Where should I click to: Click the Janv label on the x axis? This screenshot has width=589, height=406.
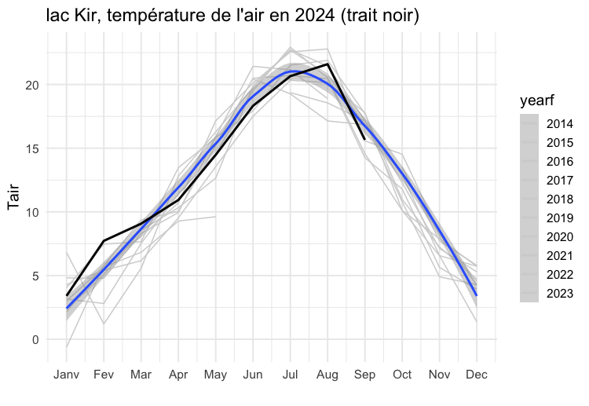tap(67, 375)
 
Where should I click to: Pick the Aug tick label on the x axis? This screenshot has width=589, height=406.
tap(327, 375)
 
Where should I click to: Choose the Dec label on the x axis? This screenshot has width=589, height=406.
tap(476, 375)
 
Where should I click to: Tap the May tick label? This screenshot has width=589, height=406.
tap(215, 375)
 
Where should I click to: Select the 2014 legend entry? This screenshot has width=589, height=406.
tap(559, 124)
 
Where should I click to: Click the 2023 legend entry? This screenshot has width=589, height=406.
tap(559, 294)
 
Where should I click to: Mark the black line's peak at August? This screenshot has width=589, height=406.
tap(327, 64)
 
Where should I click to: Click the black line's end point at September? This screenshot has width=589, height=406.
tap(364, 139)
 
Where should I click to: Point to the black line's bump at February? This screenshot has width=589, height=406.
tap(104, 241)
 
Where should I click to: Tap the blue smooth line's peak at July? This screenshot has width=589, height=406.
tap(291, 71)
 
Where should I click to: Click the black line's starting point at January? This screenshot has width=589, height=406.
tap(67, 295)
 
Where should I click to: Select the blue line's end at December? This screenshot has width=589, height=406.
tap(476, 295)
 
